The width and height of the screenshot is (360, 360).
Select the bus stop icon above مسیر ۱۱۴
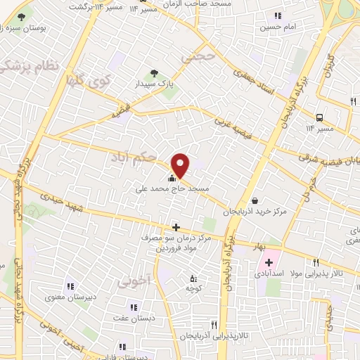[320, 117]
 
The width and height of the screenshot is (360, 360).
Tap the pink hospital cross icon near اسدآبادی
[270, 262]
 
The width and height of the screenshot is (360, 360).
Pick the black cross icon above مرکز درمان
[176, 227]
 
